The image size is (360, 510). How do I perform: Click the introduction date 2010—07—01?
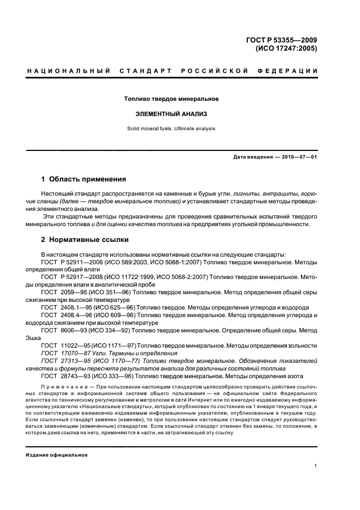[298, 157]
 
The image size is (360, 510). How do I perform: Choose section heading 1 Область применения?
[84, 179]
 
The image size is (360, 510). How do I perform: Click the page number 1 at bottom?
[315, 466]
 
